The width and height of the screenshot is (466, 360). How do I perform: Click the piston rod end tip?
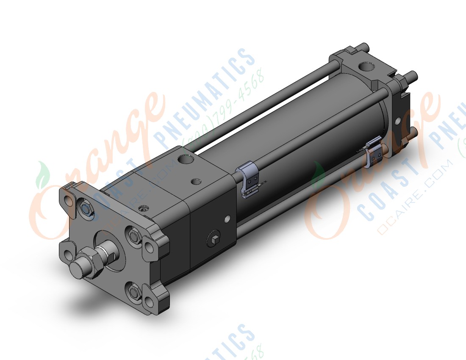79,268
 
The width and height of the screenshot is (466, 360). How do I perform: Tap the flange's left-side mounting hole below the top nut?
68,255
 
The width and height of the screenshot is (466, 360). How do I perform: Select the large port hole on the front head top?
185,160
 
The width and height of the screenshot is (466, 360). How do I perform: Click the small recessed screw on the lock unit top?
144,208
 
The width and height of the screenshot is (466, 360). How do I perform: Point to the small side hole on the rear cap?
398,122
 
